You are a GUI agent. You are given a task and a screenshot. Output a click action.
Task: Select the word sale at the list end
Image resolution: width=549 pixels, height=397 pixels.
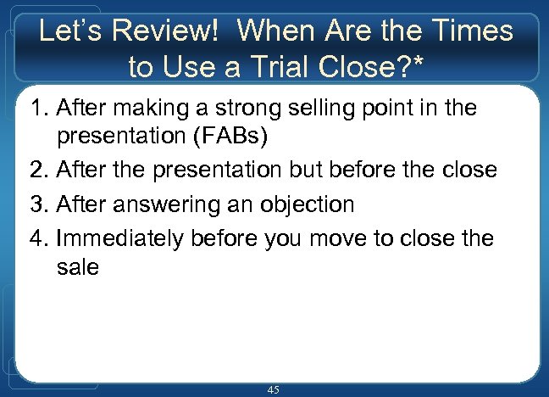click(x=78, y=269)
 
